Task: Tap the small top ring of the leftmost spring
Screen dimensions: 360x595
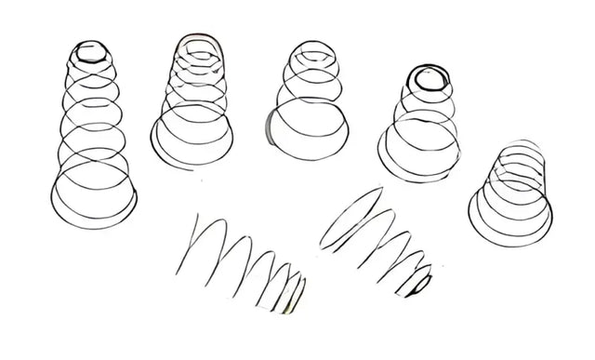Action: (91, 51)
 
